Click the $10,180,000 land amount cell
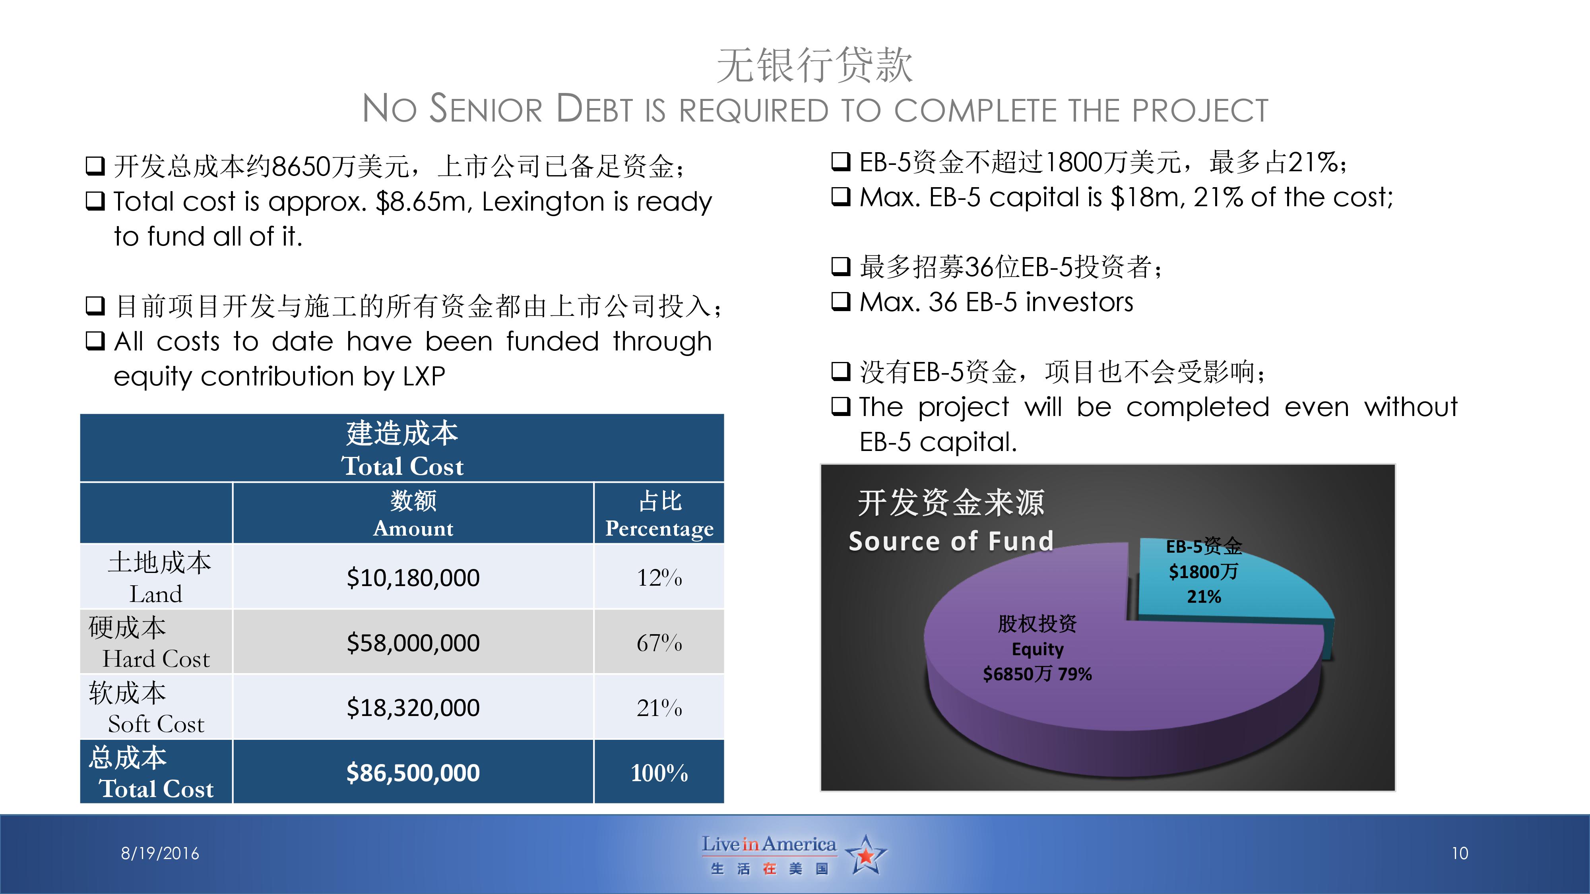click(x=413, y=577)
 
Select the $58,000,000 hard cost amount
click(x=413, y=643)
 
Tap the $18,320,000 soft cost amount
click(x=413, y=708)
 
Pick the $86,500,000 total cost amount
click(x=413, y=772)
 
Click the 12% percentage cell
click(x=659, y=577)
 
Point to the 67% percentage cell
click(x=659, y=643)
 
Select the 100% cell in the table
click(x=659, y=772)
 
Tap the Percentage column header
click(x=659, y=529)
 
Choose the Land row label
click(x=156, y=594)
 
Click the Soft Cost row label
click(x=156, y=724)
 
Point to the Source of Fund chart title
click(x=950, y=541)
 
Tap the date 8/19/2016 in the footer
click(x=160, y=853)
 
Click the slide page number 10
click(x=1460, y=853)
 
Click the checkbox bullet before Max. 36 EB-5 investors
click(x=841, y=302)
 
